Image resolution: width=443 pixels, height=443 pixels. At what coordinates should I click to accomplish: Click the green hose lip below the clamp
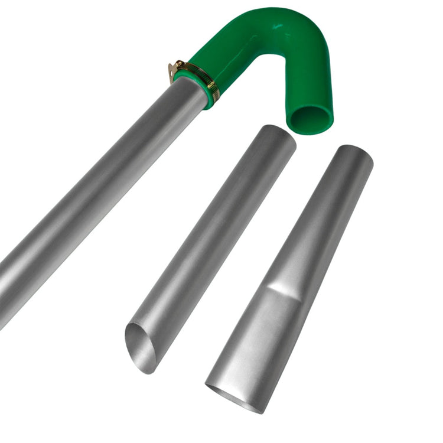pyautogui.click(x=209, y=95)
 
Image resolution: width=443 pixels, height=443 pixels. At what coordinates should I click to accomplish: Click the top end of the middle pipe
pyautogui.click(x=278, y=137)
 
